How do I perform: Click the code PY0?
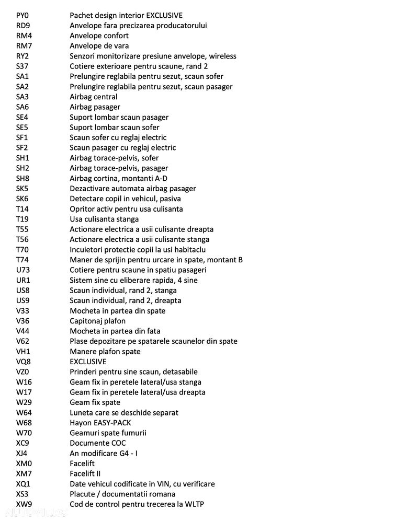[x=22, y=16]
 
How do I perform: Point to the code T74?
[x=22, y=260]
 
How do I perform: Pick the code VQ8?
[x=23, y=362]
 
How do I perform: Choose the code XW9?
[x=24, y=505]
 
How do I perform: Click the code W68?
[x=24, y=423]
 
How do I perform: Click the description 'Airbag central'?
[x=94, y=97]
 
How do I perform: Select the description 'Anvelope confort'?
[x=99, y=36]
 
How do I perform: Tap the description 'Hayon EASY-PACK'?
[x=100, y=423]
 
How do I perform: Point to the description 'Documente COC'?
[x=98, y=444]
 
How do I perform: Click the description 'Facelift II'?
[x=85, y=474]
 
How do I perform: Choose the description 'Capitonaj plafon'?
[x=98, y=321]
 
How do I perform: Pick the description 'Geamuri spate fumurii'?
[x=108, y=433]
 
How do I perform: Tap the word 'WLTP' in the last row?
[x=193, y=505]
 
